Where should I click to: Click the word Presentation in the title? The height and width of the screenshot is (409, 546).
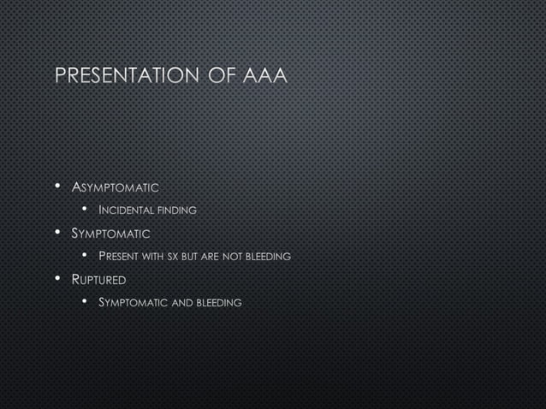[125, 76]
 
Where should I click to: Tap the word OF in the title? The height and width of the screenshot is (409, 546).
[220, 76]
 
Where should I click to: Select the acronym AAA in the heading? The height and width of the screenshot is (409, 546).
[265, 76]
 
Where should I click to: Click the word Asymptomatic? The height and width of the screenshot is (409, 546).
[116, 187]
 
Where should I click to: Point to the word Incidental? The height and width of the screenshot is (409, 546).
[127, 210]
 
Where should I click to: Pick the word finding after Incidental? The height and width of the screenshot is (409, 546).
[177, 210]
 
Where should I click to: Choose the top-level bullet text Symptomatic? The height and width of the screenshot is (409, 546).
[111, 233]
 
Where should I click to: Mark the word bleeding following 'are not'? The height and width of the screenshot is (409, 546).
[269, 256]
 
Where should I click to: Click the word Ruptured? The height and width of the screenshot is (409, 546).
[99, 279]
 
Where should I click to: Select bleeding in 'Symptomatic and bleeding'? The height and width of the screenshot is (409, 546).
[219, 302]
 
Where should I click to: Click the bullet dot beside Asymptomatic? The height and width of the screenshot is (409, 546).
[57, 187]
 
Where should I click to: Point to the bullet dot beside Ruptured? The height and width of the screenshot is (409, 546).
[57, 279]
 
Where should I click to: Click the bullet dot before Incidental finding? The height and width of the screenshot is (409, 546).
[86, 210]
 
